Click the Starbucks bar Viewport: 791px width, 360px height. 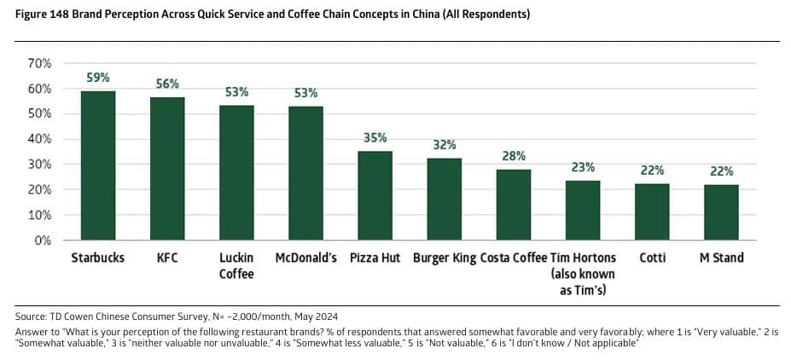98,165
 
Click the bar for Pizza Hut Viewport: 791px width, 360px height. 375,195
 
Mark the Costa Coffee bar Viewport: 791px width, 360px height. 514,205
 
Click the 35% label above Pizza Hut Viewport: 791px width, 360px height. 375,138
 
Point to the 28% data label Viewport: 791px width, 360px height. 514,156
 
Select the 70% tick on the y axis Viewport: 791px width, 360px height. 41,64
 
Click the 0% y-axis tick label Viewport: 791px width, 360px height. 44,241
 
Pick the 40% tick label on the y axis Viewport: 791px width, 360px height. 41,139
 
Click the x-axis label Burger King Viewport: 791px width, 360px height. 444,258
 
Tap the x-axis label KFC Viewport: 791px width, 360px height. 167,258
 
